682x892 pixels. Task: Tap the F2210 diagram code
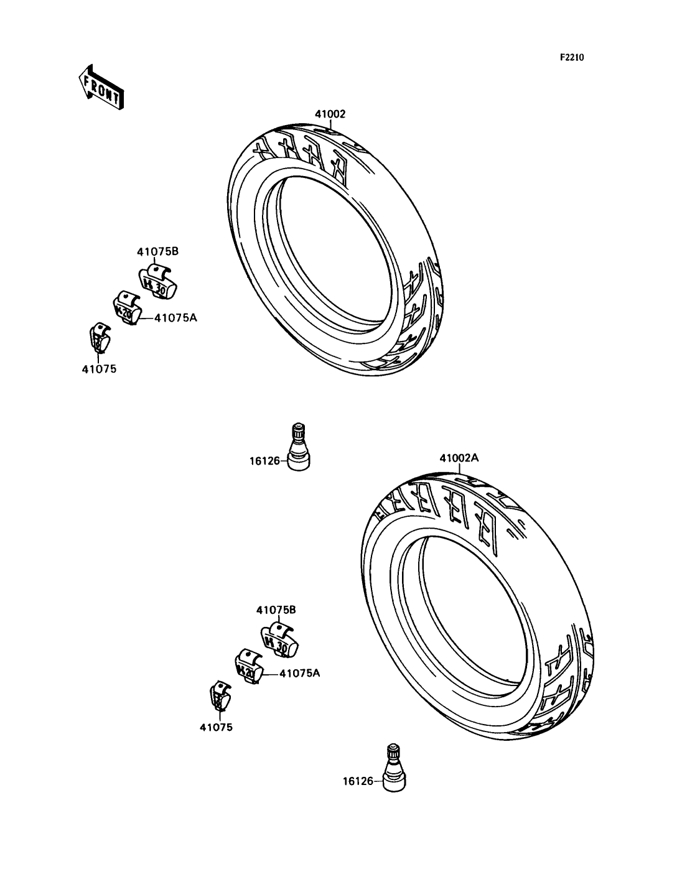click(572, 58)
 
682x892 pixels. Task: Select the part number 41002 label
click(330, 114)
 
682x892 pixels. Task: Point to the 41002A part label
click(459, 458)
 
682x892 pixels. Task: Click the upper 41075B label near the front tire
click(157, 252)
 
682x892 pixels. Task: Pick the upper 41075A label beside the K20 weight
click(175, 318)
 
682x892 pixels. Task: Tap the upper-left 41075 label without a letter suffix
click(99, 369)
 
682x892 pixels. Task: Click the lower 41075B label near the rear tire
click(276, 610)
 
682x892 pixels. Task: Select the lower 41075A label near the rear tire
click(299, 674)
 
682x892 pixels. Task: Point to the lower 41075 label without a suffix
click(216, 727)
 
